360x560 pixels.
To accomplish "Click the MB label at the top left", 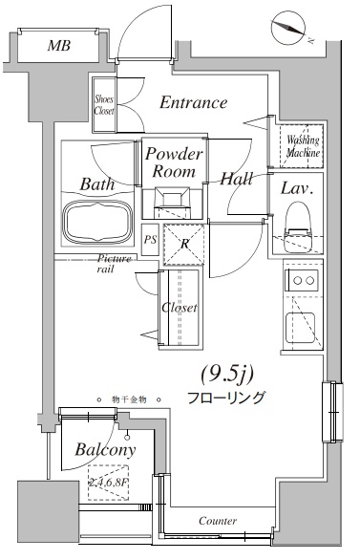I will [58, 46].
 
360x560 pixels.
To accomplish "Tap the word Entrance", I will [193, 102].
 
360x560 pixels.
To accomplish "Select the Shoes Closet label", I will [104, 104].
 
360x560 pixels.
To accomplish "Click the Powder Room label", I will [176, 163].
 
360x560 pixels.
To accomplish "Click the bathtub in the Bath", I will [98, 222].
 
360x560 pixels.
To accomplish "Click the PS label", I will [150, 240].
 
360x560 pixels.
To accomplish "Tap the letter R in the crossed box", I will [183, 243].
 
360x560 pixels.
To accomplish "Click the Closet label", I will [180, 308].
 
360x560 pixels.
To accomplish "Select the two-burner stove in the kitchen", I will [304, 281].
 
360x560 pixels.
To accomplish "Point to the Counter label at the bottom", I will [218, 521].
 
